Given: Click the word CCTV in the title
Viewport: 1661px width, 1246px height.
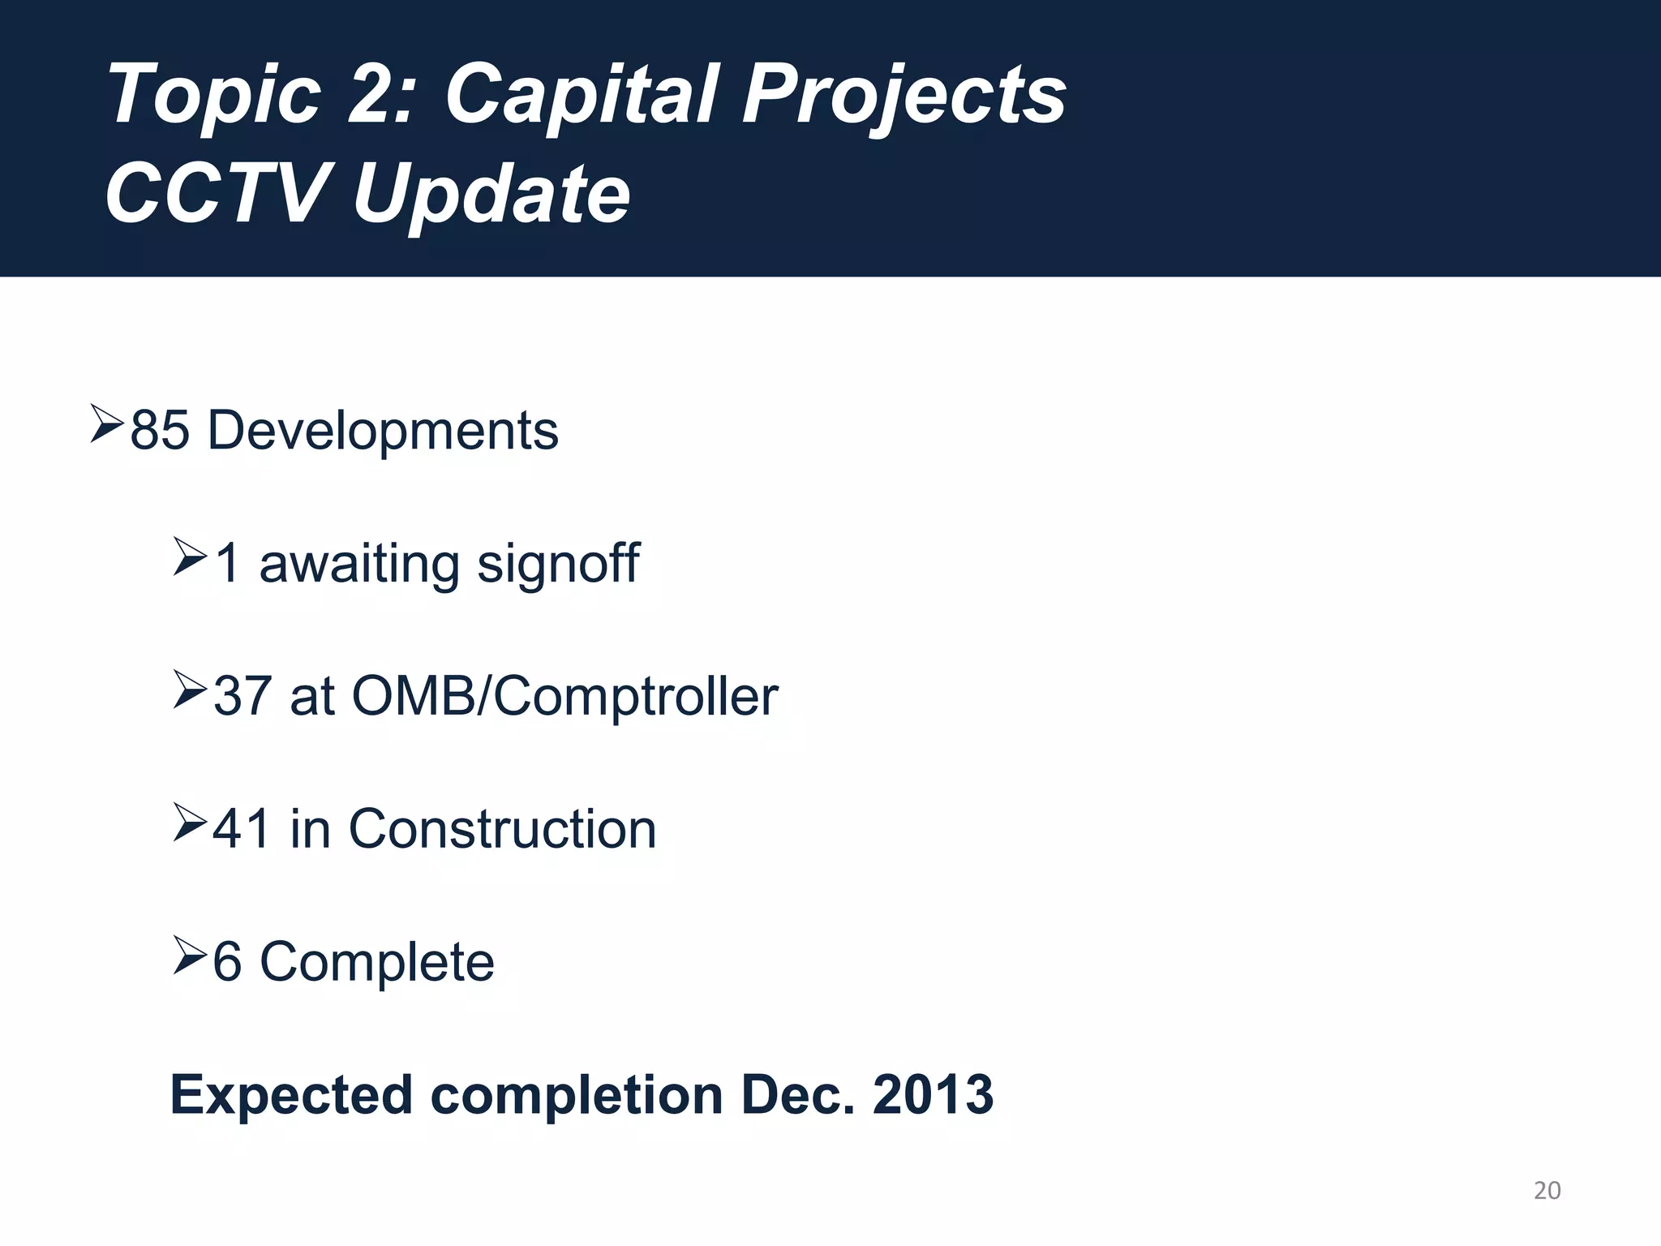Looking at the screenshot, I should point(216,194).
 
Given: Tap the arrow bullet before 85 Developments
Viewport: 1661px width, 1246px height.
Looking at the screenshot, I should point(106,423).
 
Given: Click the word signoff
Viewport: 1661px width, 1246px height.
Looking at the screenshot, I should point(558,563).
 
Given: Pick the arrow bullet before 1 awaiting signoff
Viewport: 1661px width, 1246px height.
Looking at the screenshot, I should point(190,557).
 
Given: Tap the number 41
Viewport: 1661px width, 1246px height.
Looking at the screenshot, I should point(242,829).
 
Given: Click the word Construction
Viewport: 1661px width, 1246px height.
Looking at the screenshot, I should point(502,829).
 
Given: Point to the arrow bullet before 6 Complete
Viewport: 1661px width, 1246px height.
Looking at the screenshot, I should point(190,955).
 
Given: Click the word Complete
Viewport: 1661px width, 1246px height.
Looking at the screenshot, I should point(376,962).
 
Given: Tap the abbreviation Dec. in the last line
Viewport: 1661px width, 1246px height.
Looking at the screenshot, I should point(798,1094).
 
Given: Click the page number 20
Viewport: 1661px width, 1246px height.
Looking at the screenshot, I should point(1547,1190).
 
